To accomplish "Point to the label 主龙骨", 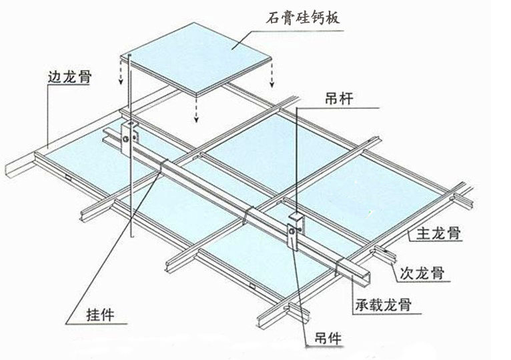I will (x=436, y=234).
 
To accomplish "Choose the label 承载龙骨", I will (x=382, y=306).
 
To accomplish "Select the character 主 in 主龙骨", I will (x=422, y=234).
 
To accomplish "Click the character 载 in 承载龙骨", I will (x=376, y=306).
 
